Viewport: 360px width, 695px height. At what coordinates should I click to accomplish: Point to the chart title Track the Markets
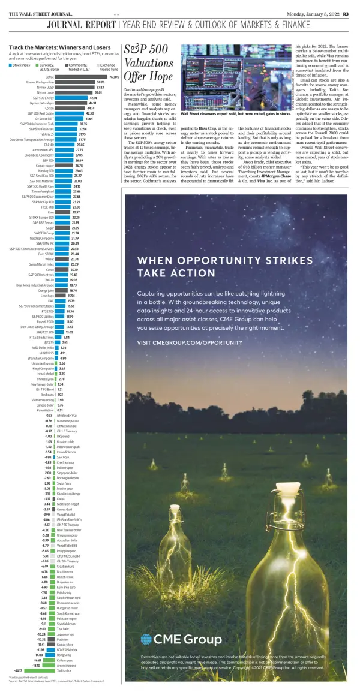[51, 47]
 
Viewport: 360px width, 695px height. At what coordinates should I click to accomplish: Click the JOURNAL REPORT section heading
[82, 25]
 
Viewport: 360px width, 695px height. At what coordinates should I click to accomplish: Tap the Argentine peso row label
[66, 666]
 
